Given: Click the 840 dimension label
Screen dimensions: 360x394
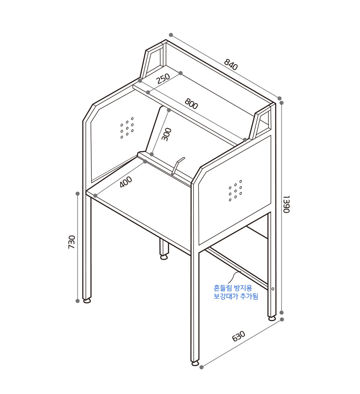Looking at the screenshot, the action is pyautogui.click(x=231, y=64).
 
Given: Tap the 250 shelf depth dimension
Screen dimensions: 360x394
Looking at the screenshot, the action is pyautogui.click(x=163, y=79).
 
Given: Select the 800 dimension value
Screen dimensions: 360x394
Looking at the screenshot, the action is pyautogui.click(x=191, y=103).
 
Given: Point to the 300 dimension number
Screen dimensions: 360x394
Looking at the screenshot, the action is pyautogui.click(x=166, y=134).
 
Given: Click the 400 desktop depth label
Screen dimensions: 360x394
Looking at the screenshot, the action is pyautogui.click(x=126, y=182).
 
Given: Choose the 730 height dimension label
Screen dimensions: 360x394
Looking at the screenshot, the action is pyautogui.click(x=72, y=242).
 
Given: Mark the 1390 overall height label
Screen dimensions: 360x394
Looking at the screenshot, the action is pyautogui.click(x=286, y=204).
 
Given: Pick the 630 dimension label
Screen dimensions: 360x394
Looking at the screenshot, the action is pyautogui.click(x=239, y=336).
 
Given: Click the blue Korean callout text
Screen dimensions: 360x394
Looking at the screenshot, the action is pyautogui.click(x=236, y=292).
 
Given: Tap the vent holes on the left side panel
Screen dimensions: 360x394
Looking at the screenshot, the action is pyautogui.click(x=127, y=128).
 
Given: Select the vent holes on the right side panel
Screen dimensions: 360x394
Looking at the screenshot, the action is pyautogui.click(x=235, y=191).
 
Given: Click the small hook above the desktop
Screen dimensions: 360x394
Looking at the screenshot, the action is pyautogui.click(x=178, y=165).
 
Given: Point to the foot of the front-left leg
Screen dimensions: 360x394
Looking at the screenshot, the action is pyautogui.click(x=87, y=301).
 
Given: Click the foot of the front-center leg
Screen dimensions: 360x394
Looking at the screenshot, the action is pyautogui.click(x=195, y=363).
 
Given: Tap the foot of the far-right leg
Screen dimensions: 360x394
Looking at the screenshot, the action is pyautogui.click(x=272, y=318).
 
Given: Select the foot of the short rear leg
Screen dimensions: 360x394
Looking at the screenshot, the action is pyautogui.click(x=164, y=258).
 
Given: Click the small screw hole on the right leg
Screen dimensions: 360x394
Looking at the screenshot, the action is pyautogui.click(x=273, y=289).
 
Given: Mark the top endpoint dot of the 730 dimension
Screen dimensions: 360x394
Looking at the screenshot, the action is pyautogui.click(x=77, y=194).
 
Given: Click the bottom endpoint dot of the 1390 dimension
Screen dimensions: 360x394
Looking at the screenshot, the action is pyautogui.click(x=282, y=313).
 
